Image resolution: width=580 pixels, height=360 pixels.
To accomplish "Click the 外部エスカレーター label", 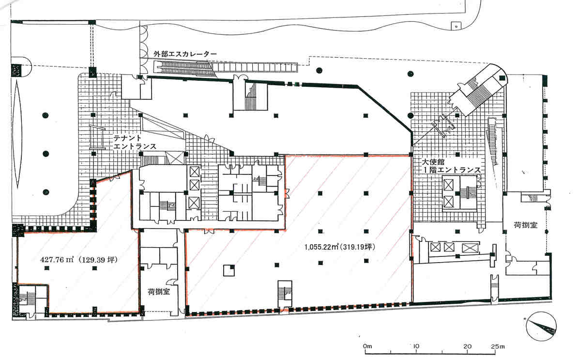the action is tap(185, 54).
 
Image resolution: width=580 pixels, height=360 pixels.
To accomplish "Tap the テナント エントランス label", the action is tap(135, 142).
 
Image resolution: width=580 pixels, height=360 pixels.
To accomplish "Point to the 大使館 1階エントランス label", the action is tap(452, 166).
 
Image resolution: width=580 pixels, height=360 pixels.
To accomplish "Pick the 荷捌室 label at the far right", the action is tap(525, 225).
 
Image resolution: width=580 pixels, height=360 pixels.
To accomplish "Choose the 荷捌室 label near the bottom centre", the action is tap(159, 292).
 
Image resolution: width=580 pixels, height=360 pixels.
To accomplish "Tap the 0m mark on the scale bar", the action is tap(367, 346).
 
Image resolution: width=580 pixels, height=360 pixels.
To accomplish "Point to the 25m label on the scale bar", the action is tap(497, 346).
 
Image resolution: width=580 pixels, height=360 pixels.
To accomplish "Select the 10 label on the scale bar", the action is tap(416, 346).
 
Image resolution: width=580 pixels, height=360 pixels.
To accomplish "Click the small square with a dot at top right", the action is tap(457, 26).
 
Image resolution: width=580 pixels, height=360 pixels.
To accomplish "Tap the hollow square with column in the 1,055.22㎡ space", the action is tap(229, 270).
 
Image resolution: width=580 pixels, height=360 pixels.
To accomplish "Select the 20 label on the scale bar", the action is tap(467, 346).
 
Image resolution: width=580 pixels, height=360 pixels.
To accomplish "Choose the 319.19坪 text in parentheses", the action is tap(358, 247).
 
